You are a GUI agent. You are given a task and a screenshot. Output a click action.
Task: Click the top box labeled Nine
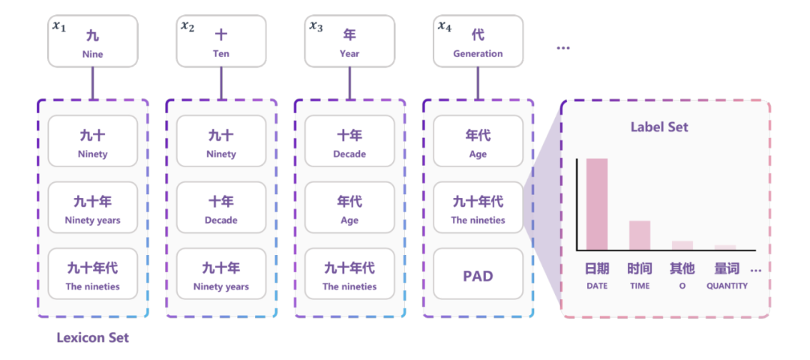click(x=93, y=42)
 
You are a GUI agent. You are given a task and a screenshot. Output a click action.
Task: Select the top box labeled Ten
click(x=221, y=42)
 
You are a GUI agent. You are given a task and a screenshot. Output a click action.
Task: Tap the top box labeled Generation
click(x=478, y=42)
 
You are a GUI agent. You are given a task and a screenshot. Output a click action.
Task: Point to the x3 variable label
click(x=316, y=26)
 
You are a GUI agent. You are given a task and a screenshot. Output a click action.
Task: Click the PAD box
click(x=478, y=276)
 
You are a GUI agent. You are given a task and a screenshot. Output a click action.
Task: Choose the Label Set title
click(x=658, y=127)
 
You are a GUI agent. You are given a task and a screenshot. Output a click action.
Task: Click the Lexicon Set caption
click(x=92, y=337)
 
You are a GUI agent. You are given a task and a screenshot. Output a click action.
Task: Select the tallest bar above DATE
click(x=597, y=204)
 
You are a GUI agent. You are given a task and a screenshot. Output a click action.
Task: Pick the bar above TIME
click(x=640, y=235)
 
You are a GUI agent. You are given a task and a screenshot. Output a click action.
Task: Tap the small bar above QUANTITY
click(x=725, y=247)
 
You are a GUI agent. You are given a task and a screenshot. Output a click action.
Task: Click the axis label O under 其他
click(x=682, y=286)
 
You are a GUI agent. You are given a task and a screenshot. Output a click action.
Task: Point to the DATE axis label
click(x=597, y=286)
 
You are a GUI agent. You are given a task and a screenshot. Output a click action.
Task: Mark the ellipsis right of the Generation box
click(x=563, y=48)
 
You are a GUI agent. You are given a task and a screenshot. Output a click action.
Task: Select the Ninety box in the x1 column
click(x=93, y=142)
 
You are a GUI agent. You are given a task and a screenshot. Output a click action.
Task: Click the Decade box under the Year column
click(x=349, y=142)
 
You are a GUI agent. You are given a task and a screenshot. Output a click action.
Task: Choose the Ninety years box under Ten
click(x=221, y=275)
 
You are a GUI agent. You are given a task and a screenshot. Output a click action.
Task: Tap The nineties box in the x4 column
click(x=478, y=209)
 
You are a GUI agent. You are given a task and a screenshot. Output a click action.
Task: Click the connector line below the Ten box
click(x=221, y=82)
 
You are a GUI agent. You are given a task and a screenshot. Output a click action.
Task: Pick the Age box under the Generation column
click(x=478, y=142)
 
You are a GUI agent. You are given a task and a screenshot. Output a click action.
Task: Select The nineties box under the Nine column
click(x=93, y=275)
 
